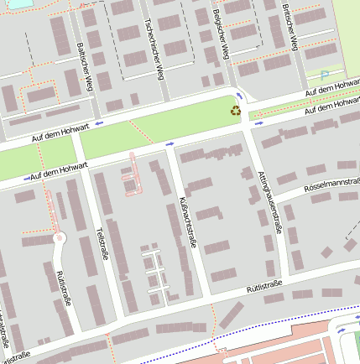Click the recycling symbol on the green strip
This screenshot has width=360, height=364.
click(236, 110)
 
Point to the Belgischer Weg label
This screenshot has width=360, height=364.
click(220, 34)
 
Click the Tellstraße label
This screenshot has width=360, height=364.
click(103, 243)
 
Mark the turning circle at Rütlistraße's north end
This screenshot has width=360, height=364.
click(59, 238)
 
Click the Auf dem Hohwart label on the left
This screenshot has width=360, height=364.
click(59, 172)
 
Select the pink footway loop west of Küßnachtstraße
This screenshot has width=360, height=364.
click(130, 176)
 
